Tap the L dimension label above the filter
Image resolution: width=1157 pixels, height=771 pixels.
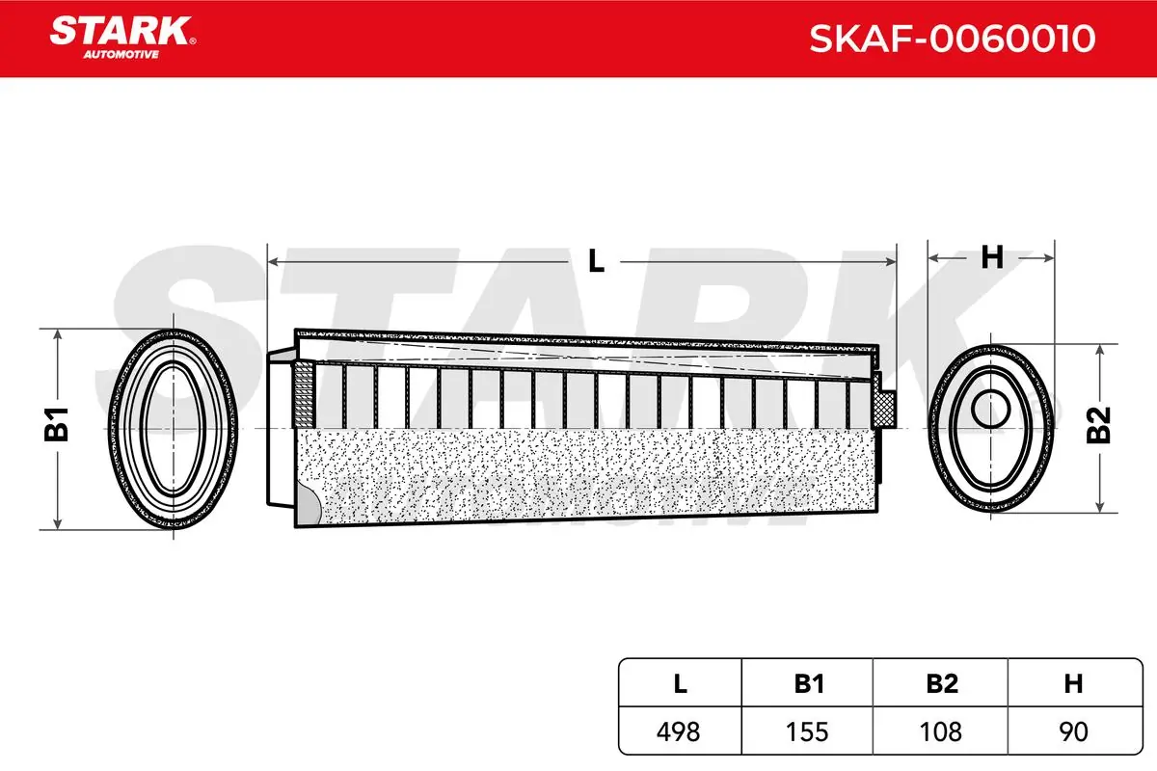[597, 260]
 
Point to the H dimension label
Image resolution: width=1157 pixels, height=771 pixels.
[992, 258]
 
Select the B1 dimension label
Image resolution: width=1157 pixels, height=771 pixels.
[60, 425]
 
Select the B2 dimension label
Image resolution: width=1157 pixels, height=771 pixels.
[1099, 425]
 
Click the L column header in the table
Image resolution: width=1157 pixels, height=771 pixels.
[681, 684]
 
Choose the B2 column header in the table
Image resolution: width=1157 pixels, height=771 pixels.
[941, 684]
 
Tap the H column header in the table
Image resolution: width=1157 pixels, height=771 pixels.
[1072, 684]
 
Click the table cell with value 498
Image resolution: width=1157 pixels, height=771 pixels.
[681, 731]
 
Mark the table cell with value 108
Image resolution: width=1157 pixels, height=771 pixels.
[941, 731]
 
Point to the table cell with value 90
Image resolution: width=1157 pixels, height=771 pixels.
[1072, 731]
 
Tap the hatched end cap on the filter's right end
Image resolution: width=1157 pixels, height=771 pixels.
[886, 409]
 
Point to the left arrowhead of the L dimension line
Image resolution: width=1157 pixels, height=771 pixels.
[274, 260]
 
